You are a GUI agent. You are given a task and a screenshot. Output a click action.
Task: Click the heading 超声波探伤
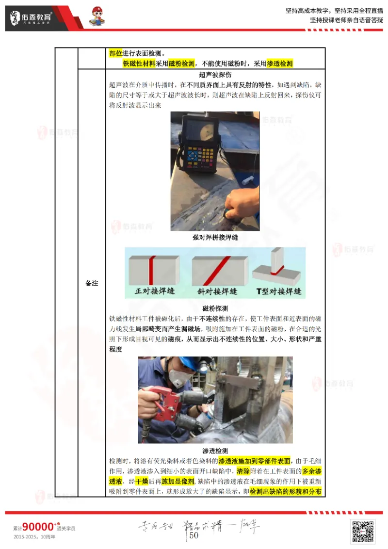pos(215,75)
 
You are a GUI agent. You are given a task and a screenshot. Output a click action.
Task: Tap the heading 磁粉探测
pos(215,308)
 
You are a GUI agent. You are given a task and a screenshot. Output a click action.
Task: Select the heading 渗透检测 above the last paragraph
pos(215,451)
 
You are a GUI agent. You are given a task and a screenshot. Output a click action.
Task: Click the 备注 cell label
pos(92,283)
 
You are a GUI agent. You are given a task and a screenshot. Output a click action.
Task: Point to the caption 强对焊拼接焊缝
pos(215,238)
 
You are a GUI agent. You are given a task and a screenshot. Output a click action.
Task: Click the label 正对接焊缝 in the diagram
pos(154,291)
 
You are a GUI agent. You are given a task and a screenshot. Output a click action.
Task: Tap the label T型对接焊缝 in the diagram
pos(279,291)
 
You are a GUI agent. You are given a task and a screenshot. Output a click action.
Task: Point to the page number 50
pos(194,535)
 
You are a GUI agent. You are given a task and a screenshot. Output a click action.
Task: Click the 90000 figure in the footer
pos(38,527)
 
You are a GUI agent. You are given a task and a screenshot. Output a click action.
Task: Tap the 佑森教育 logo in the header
pos(32,18)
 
